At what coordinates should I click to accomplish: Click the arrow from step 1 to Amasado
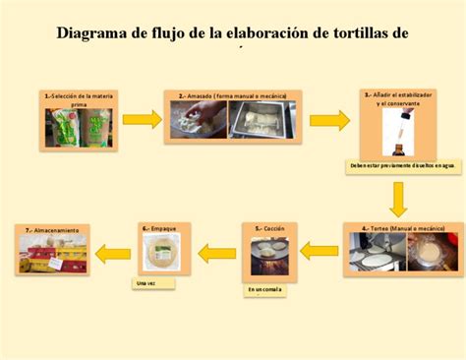tap(142, 119)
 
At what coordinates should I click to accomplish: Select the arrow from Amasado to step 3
tap(329, 120)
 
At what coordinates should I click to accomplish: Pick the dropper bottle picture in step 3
tap(397, 133)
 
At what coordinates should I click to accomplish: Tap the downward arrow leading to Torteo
tap(397, 199)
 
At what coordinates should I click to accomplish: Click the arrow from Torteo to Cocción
tap(319, 251)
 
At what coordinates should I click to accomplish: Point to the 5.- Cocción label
tap(269, 228)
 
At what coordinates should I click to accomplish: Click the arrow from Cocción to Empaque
tap(216, 253)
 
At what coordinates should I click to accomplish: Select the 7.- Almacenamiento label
tap(54, 229)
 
